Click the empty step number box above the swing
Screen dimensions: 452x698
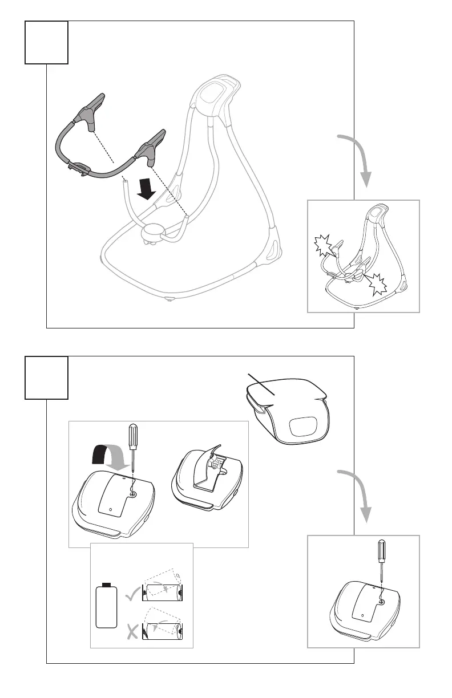click(x=47, y=42)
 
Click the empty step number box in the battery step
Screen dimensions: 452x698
click(x=47, y=378)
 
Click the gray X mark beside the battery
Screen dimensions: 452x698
click(x=132, y=630)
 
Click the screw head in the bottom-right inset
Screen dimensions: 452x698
click(x=381, y=601)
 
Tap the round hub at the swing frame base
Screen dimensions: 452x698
click(x=154, y=232)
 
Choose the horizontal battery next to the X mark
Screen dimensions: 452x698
click(x=164, y=631)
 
